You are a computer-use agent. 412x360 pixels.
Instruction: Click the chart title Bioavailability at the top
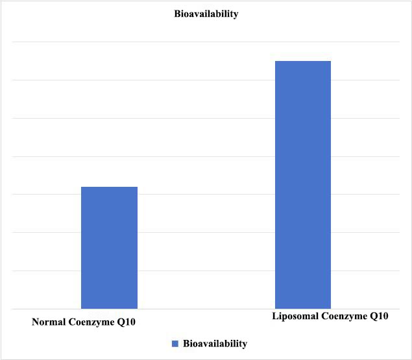[x=206, y=14]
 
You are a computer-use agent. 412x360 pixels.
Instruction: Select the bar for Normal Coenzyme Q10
[x=109, y=247]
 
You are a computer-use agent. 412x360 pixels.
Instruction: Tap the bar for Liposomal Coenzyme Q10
[x=303, y=184]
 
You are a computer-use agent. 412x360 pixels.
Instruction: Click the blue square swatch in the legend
[x=175, y=343]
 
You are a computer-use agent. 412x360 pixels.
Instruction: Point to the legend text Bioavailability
[x=215, y=343]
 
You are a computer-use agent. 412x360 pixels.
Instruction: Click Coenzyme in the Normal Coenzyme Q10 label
[x=93, y=322]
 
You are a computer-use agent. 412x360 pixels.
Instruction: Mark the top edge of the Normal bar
[x=109, y=187]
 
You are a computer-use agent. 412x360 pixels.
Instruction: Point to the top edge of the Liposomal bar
[x=303, y=61]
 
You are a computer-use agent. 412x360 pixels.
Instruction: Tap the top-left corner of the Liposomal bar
[x=275, y=61]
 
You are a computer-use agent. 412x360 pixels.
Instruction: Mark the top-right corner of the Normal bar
[x=138, y=187]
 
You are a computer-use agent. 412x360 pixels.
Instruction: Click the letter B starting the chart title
[x=176, y=14]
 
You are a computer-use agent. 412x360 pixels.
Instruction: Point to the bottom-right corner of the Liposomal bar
[x=331, y=308]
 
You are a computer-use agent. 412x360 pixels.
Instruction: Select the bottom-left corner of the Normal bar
[x=81, y=308]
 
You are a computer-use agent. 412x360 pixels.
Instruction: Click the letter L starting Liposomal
[x=273, y=317]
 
